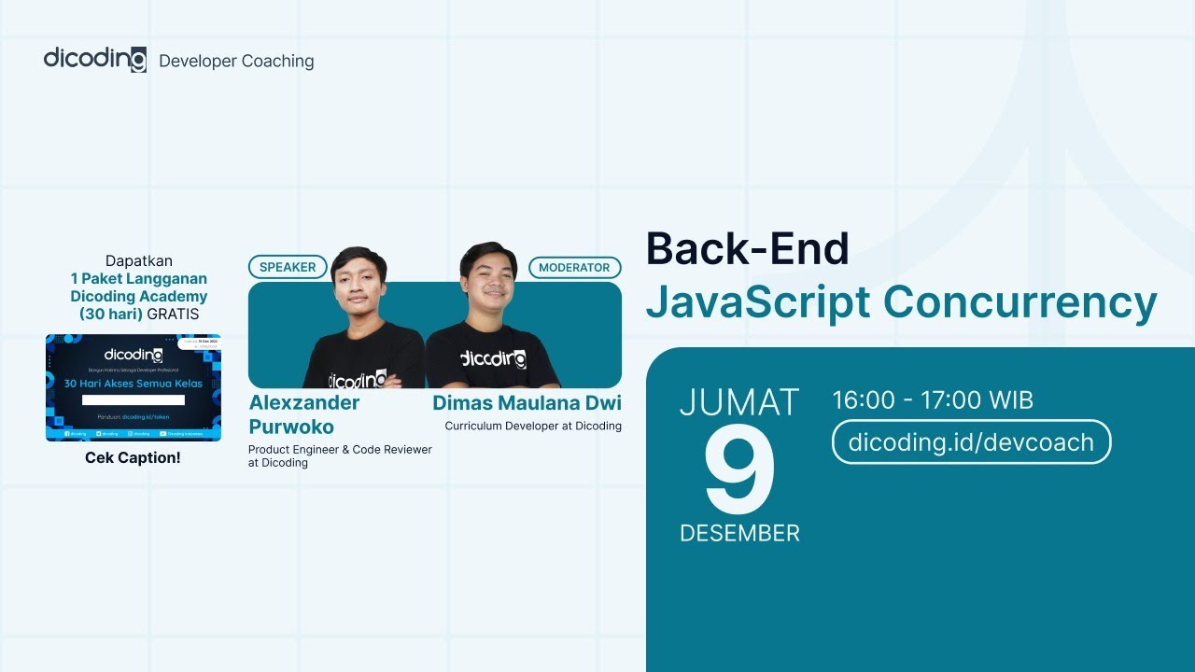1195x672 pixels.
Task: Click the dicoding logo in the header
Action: click(x=94, y=59)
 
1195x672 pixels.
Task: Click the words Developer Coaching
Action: click(x=236, y=62)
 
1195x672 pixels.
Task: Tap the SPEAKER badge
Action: click(x=288, y=267)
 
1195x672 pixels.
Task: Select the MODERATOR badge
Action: click(x=574, y=267)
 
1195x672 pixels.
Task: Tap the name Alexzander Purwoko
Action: click(x=304, y=414)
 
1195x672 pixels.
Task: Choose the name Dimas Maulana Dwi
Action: click(x=527, y=403)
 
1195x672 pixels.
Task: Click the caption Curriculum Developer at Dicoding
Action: click(x=532, y=427)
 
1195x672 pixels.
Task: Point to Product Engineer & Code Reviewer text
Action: click(x=340, y=450)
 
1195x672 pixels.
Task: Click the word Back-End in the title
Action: click(x=747, y=249)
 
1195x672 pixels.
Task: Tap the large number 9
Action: click(x=739, y=474)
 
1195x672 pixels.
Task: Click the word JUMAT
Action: click(x=739, y=402)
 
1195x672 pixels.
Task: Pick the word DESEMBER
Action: click(x=739, y=534)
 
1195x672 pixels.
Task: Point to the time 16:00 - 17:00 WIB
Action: click(x=933, y=401)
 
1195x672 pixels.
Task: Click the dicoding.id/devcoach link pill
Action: click(x=971, y=441)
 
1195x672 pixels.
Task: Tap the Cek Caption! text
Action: click(x=133, y=458)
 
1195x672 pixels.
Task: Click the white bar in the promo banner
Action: click(x=133, y=399)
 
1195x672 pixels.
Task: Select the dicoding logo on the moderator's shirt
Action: click(x=493, y=359)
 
